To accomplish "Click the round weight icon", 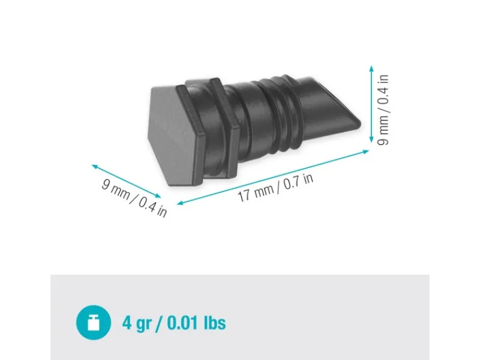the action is (x=94, y=322).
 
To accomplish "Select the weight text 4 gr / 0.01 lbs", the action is (x=174, y=323).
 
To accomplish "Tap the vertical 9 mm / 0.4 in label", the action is (x=383, y=110).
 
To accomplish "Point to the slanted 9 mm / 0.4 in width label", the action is (x=134, y=198).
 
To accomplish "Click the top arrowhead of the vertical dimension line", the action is (x=371, y=68).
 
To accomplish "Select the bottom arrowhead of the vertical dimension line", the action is (x=371, y=139).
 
